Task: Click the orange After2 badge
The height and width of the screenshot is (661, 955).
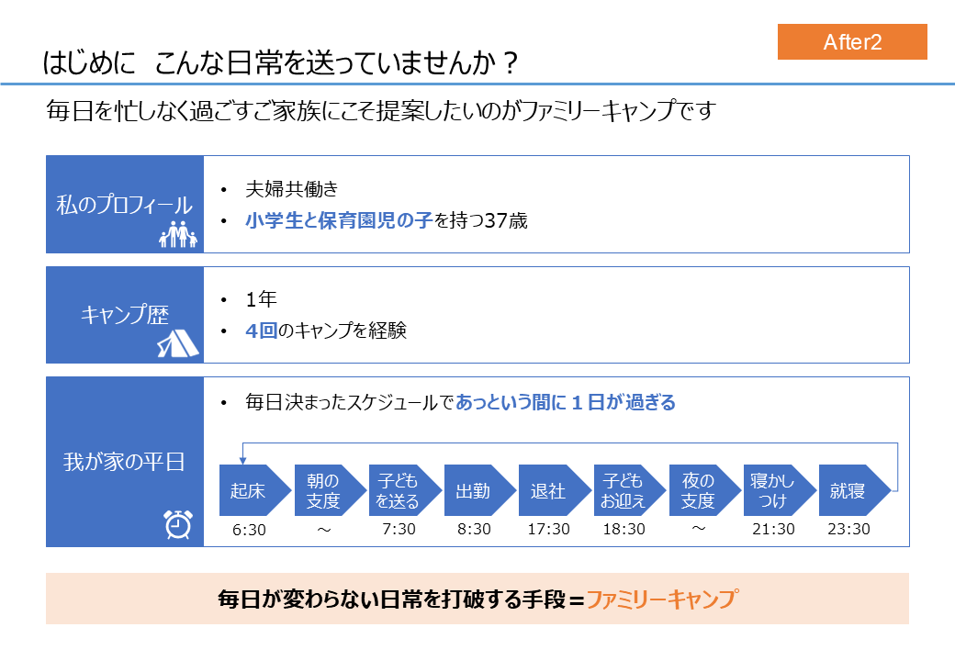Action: pyautogui.click(x=852, y=41)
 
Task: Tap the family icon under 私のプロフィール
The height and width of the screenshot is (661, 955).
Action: pyautogui.click(x=178, y=234)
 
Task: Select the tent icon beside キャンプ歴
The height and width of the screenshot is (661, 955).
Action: pyautogui.click(x=178, y=343)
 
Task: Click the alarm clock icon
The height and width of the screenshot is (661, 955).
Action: pyautogui.click(x=178, y=524)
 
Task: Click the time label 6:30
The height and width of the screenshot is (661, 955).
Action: pyautogui.click(x=249, y=530)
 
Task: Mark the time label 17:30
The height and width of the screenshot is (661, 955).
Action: pyautogui.click(x=549, y=529)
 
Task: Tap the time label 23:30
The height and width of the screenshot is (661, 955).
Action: pyautogui.click(x=849, y=529)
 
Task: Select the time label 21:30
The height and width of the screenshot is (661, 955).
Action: pyautogui.click(x=773, y=529)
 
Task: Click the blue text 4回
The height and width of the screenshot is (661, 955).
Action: pyautogui.click(x=262, y=330)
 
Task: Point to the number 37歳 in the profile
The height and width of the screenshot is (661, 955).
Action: pyautogui.click(x=506, y=220)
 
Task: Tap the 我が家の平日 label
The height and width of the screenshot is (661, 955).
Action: pyautogui.click(x=124, y=462)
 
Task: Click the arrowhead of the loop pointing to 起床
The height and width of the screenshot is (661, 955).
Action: pyautogui.click(x=242, y=462)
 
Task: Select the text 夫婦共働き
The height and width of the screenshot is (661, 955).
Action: pyautogui.click(x=292, y=189)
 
